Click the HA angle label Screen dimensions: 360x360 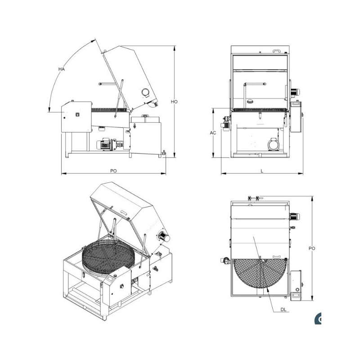tap(62, 69)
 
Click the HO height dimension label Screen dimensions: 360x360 tap(174, 102)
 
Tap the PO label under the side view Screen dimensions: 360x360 tap(113, 171)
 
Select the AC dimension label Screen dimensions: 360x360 tap(213, 133)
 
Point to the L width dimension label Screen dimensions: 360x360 tap(262, 171)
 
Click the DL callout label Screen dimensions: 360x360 tap(283, 310)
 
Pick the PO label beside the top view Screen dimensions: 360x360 tap(312, 248)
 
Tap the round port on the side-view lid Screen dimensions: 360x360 tap(145, 93)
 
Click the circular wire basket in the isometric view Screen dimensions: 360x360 tap(108, 256)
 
